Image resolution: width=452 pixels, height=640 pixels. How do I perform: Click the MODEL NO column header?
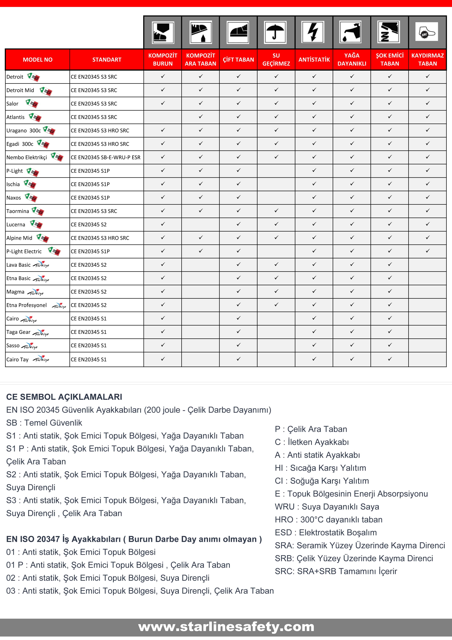click(x=38, y=60)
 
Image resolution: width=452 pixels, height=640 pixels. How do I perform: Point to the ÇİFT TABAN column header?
click(x=238, y=60)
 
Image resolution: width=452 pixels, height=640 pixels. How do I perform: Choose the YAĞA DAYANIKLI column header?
click(x=352, y=60)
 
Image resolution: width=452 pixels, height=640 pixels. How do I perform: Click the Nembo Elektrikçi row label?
click(x=27, y=157)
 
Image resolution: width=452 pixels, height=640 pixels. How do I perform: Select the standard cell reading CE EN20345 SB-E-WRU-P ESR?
click(x=106, y=157)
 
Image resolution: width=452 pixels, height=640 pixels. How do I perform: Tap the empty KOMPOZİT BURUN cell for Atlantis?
click(x=163, y=117)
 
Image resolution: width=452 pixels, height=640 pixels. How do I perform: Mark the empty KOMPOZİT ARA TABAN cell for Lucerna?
click(x=200, y=224)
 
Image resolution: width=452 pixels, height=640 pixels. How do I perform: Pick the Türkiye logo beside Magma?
click(x=35, y=292)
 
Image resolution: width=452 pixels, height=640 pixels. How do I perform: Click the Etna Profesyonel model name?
click(x=27, y=305)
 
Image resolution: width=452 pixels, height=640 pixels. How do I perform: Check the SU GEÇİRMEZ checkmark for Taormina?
click(x=276, y=211)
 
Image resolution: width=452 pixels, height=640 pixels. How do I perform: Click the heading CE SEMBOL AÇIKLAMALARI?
click(x=64, y=397)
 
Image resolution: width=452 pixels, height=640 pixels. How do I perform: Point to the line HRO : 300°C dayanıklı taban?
click(x=328, y=520)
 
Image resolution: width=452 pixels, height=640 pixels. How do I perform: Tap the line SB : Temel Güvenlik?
click(x=44, y=423)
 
